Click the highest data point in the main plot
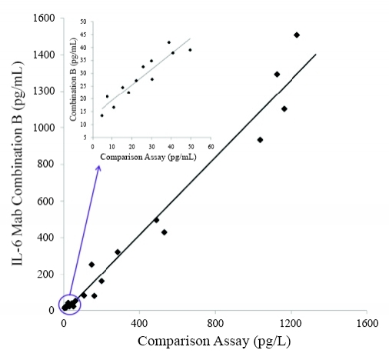click(297, 35)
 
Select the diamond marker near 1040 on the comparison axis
click(261, 139)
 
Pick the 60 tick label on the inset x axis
click(210, 147)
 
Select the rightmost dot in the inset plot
click(190, 50)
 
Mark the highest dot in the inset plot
click(169, 42)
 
